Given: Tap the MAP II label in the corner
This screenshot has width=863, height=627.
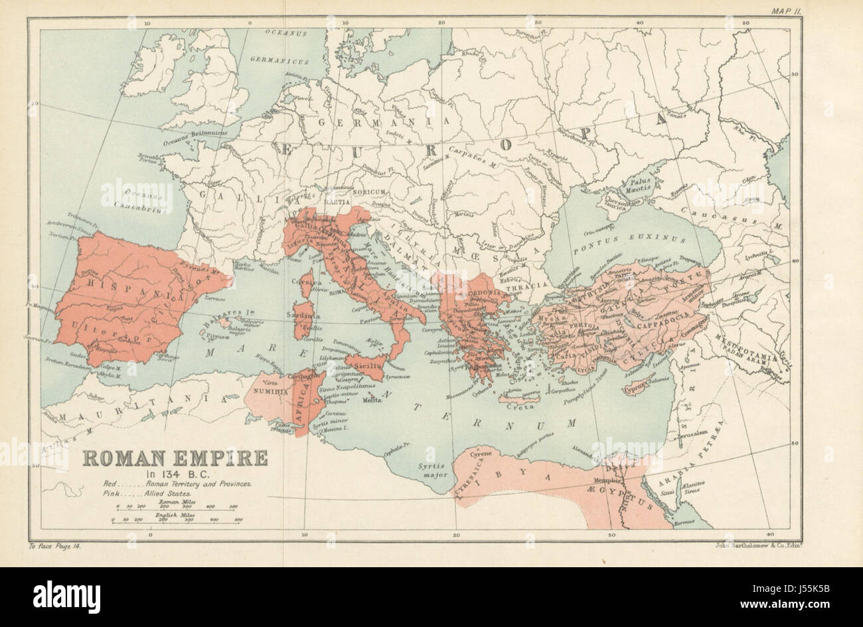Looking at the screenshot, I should tap(787, 10).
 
